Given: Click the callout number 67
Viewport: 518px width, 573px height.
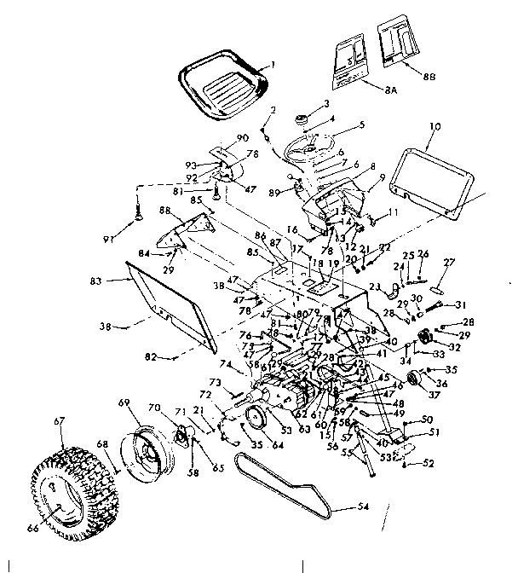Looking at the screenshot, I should (60, 420).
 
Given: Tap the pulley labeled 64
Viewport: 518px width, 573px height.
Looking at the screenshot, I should (253, 420).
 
